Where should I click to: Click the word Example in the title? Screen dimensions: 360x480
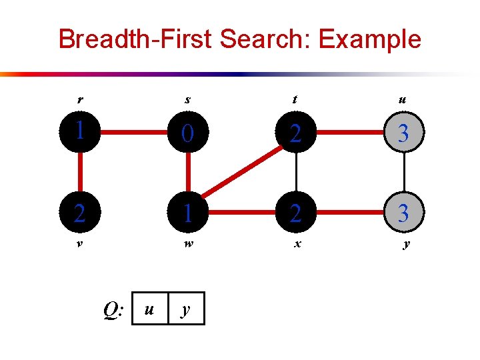[369, 39]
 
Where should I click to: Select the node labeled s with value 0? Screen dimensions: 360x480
[189, 134]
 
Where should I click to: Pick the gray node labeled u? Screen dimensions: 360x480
[403, 134]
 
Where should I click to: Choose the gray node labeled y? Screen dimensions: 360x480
[403, 213]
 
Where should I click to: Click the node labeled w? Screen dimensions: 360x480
[189, 213]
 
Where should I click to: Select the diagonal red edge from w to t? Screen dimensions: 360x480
[241, 175]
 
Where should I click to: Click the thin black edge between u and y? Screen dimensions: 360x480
[403, 173]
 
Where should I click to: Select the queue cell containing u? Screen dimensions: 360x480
[150, 309]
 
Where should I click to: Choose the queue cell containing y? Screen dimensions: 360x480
[186, 309]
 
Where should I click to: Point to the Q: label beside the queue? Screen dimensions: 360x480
[113, 309]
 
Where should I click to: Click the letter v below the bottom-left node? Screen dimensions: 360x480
[79, 243]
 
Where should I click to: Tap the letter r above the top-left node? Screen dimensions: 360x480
[80, 101]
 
